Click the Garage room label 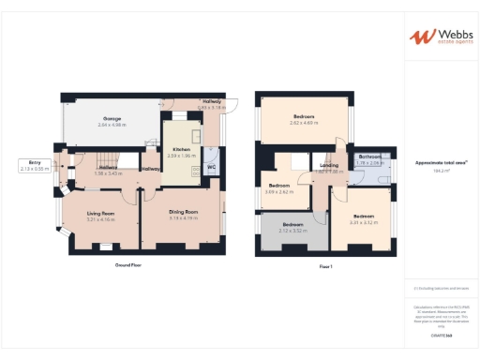point(112,119)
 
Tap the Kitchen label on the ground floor point(181,149)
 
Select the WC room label point(211,168)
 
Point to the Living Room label point(100,213)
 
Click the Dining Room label point(184,212)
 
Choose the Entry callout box point(35,165)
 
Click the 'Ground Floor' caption point(128,265)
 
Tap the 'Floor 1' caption point(325,266)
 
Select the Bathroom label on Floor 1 point(368,157)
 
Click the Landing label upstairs point(328,166)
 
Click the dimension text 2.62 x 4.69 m point(302,123)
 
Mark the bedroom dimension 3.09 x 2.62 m point(280,191)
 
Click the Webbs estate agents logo point(438,37)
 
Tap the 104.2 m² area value point(437,172)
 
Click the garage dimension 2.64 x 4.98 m point(112,125)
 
